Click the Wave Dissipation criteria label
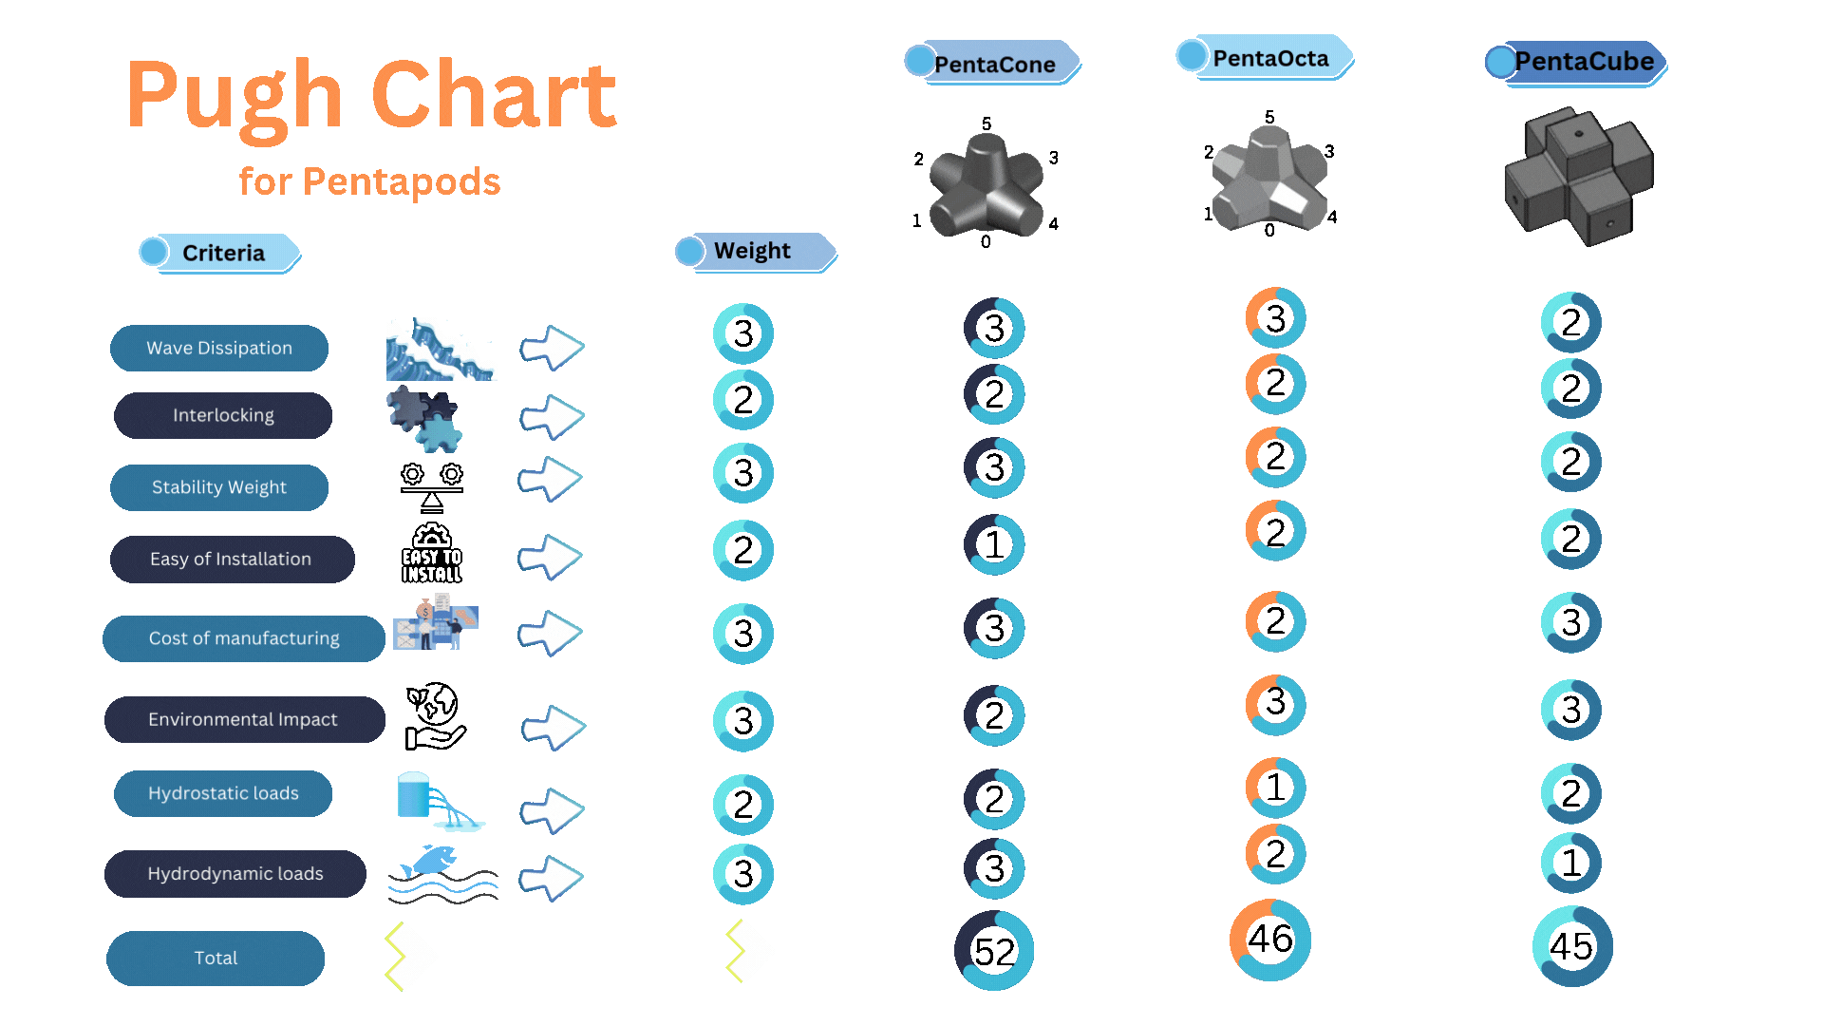coord(219,348)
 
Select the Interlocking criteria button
coord(223,415)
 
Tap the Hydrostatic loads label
coord(223,793)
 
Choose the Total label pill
coord(216,958)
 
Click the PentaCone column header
coord(993,63)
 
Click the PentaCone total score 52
coord(994,951)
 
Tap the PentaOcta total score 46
coord(1270,940)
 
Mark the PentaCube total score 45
coord(1572,946)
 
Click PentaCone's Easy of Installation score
coord(994,545)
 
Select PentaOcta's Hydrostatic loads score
coord(1276,788)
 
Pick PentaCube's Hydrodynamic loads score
coord(1571,863)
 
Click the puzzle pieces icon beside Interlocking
coord(424,418)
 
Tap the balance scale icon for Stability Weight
coord(432,487)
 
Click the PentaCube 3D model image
coord(1579,175)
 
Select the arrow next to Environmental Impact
coord(554,729)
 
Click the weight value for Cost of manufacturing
coord(743,635)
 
